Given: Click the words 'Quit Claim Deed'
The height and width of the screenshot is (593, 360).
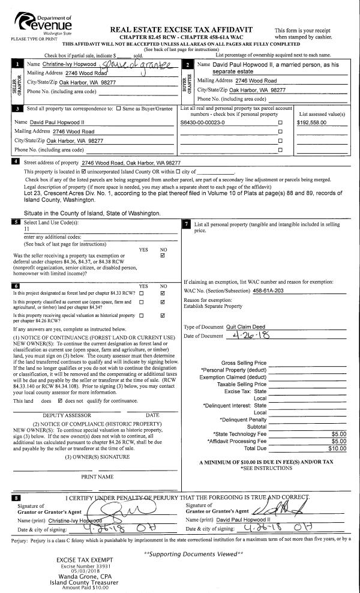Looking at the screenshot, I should point(245,327).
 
